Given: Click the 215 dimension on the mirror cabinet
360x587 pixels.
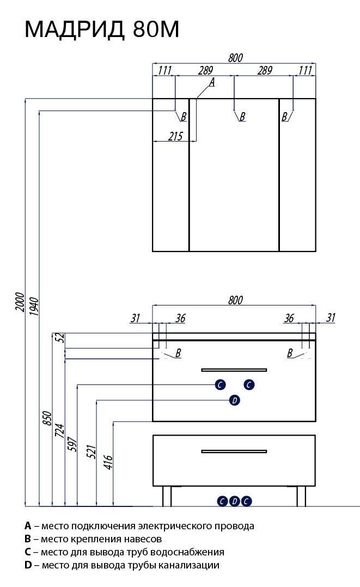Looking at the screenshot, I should point(175,136).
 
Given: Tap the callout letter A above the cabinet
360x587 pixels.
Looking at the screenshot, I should point(212,82).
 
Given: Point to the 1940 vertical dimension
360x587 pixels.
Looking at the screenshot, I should point(34,308).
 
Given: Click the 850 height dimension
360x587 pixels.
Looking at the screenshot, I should point(47,418).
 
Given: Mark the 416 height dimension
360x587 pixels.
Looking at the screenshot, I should point(108,462).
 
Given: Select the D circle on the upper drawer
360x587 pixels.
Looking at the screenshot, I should point(234,401).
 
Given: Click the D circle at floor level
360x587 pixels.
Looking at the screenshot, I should point(234,501).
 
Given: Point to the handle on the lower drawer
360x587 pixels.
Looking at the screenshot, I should point(234,451).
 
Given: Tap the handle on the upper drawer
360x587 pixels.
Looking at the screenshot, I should point(234,370).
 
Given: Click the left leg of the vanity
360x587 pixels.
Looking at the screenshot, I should point(167,496).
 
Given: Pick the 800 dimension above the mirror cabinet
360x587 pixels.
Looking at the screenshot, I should point(235,58).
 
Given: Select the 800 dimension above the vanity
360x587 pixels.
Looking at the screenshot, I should point(235,299).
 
